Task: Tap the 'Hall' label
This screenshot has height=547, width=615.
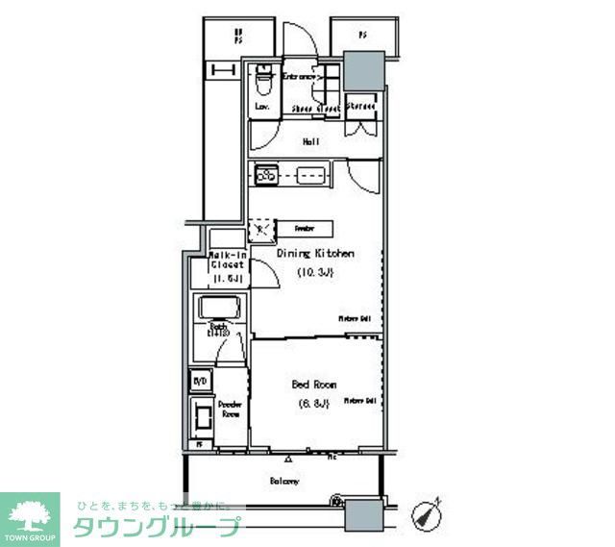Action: [x=310, y=142]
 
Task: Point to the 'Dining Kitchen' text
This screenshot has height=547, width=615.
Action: [x=316, y=254]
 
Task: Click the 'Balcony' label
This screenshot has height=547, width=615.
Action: [x=284, y=481]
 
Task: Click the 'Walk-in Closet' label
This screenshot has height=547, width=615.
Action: [x=229, y=261]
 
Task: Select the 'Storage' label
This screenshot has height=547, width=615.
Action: [x=360, y=105]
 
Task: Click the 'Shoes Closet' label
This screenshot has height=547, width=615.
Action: [x=315, y=110]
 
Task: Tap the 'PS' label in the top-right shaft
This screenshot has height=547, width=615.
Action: [x=362, y=36]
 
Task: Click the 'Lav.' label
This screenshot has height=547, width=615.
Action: [x=261, y=107]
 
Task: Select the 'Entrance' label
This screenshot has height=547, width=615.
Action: [x=302, y=76]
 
